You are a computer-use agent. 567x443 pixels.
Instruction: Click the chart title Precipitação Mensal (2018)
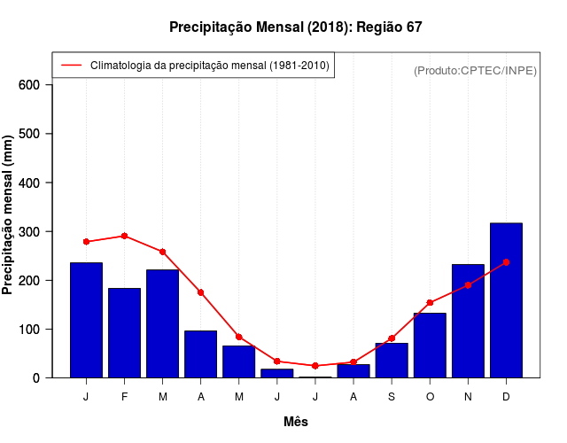pyautogui.click(x=295, y=27)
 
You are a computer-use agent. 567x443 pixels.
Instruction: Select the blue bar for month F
pyautogui.click(x=124, y=333)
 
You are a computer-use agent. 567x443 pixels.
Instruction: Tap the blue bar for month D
pyautogui.click(x=506, y=300)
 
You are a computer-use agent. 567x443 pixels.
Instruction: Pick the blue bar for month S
pyautogui.click(x=392, y=360)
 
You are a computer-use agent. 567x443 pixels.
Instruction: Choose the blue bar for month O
pyautogui.click(x=430, y=346)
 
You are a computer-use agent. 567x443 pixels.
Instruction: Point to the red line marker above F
pyautogui.click(x=124, y=236)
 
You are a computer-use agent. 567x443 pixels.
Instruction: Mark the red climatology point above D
pyautogui.click(x=506, y=262)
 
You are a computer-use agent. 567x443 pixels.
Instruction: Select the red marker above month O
pyautogui.click(x=430, y=303)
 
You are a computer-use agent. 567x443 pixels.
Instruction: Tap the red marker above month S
pyautogui.click(x=392, y=338)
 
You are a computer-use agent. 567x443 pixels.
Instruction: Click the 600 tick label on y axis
pyautogui.click(x=29, y=85)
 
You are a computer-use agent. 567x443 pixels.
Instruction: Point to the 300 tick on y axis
pyautogui.click(x=29, y=231)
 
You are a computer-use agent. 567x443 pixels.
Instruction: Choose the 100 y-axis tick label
pyautogui.click(x=29, y=330)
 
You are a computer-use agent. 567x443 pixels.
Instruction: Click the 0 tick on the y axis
pyautogui.click(x=36, y=378)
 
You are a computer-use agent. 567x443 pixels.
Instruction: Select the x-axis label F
pyautogui.click(x=124, y=397)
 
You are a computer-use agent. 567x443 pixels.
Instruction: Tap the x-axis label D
pyautogui.click(x=506, y=397)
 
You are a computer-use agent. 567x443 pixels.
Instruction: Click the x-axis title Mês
pyautogui.click(x=296, y=422)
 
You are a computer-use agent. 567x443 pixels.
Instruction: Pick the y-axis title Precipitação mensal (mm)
pyautogui.click(x=9, y=215)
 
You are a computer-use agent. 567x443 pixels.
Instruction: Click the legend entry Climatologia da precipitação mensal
pyautogui.click(x=209, y=66)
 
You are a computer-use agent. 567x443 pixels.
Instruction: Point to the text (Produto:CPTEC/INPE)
pyautogui.click(x=475, y=70)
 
